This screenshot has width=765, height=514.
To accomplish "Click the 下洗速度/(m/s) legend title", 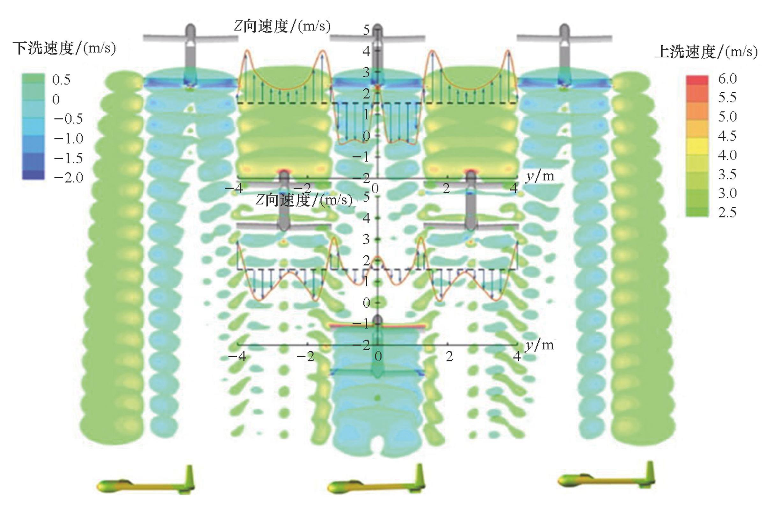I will (64, 48).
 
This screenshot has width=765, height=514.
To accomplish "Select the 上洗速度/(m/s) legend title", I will (706, 52).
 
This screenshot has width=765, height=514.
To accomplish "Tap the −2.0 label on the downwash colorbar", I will (68, 178).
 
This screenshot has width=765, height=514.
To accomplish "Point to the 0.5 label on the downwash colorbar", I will (61, 80).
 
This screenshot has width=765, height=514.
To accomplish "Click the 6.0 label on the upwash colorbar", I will (727, 79).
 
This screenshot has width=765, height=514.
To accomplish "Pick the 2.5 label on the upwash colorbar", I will (727, 212).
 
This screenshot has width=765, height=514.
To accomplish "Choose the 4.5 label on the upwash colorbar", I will (727, 136).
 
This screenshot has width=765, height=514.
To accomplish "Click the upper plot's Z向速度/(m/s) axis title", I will (282, 26).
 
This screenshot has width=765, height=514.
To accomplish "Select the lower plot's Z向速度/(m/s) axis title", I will (304, 200).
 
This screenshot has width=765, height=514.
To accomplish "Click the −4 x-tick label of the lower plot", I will (237, 356).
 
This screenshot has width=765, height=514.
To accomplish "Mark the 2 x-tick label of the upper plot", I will (446, 189).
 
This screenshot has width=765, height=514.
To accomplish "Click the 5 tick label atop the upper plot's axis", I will (366, 30).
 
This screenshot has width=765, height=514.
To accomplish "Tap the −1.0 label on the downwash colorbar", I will (68, 138).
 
